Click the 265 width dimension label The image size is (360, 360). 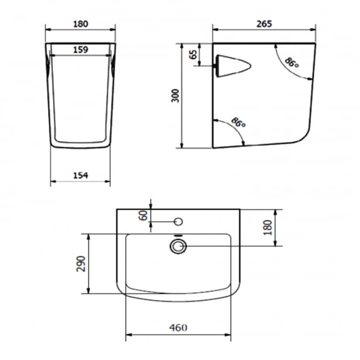click(x=264, y=24)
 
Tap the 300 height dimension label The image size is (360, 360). click(x=176, y=95)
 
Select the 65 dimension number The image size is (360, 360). click(x=193, y=55)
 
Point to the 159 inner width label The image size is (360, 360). click(x=81, y=50)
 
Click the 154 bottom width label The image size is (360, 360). click(x=81, y=176)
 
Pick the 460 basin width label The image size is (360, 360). click(x=178, y=328)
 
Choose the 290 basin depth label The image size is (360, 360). click(x=81, y=264)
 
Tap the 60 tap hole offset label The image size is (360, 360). click(x=143, y=215)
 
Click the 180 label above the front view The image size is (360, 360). click(x=81, y=24)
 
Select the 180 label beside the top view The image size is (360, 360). click(x=268, y=227)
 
